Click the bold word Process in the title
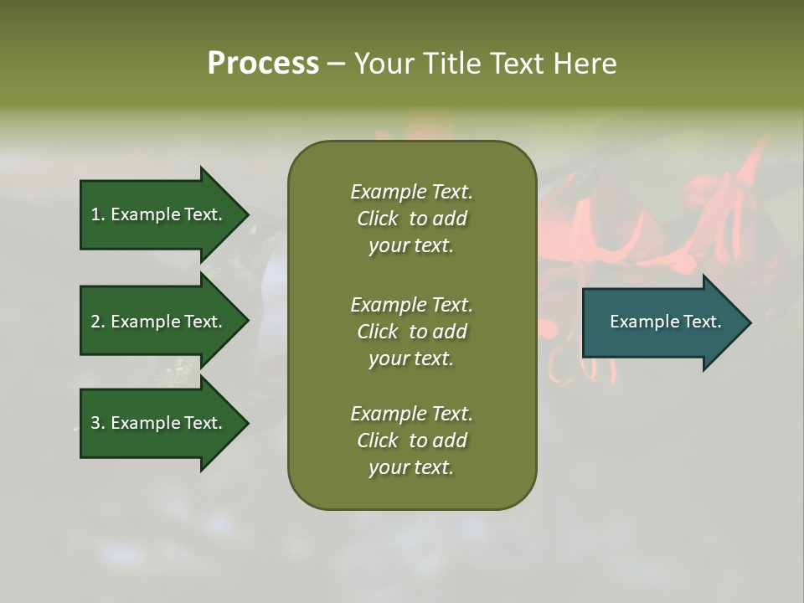[x=263, y=64]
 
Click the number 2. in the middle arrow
[x=98, y=322]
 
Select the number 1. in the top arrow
[x=98, y=214]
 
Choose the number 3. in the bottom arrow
[x=98, y=423]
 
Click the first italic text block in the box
[x=411, y=219]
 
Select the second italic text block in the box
[x=411, y=332]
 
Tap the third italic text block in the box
[x=411, y=441]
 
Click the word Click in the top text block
[x=378, y=219]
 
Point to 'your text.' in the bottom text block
[x=411, y=467]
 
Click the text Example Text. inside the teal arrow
[x=665, y=322]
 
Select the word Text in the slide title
[x=514, y=64]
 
